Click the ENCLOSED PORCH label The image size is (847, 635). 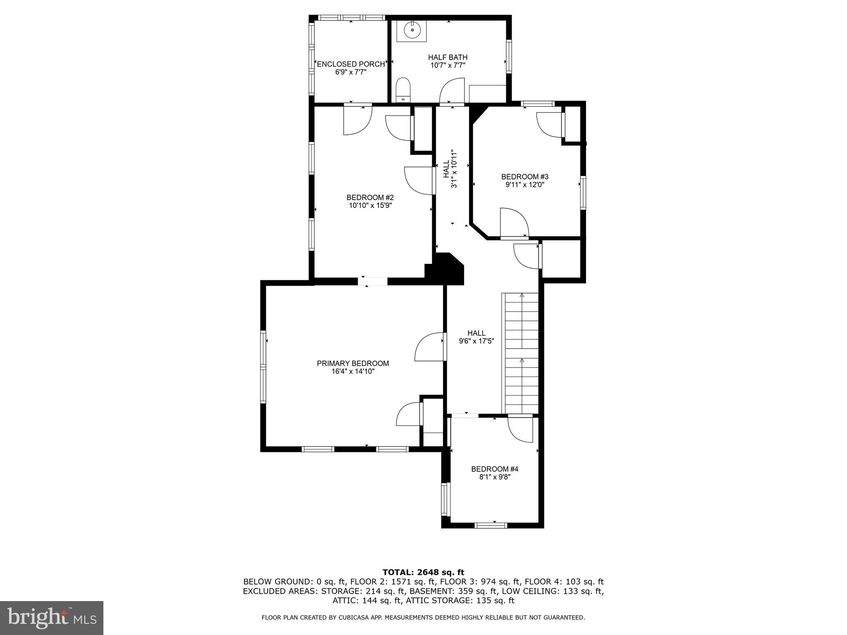point(351,64)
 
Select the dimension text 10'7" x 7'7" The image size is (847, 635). point(448,65)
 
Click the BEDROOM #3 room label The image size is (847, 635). point(525,177)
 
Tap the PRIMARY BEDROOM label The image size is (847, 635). point(353,363)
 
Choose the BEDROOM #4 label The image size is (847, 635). point(495,469)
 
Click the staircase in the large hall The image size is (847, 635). point(521,353)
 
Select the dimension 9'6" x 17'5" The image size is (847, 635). point(476,341)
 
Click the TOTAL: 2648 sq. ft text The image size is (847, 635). point(423,572)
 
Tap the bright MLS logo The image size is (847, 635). point(52,618)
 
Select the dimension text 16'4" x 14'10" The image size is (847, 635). point(353,371)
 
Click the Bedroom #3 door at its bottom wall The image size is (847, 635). point(514,223)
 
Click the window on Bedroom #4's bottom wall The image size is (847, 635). point(490,525)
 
